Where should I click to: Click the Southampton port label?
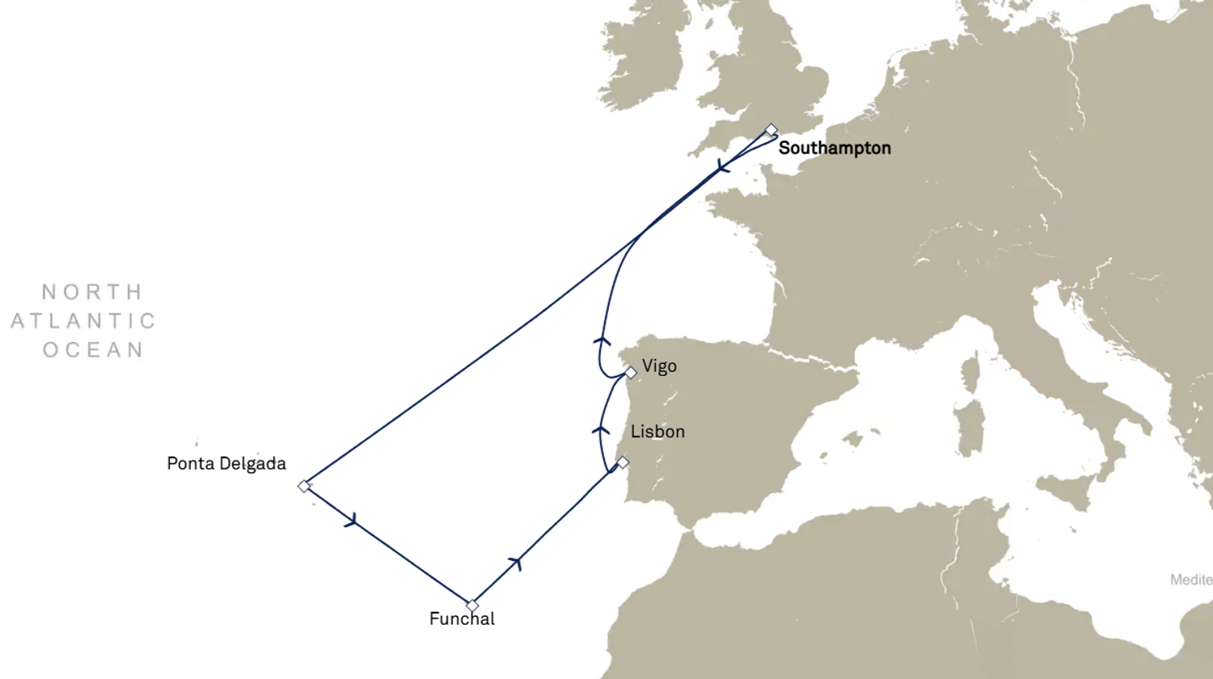[x=835, y=148]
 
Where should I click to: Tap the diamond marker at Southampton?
[x=771, y=130]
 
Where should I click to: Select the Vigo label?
[x=659, y=366]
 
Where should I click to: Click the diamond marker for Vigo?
[x=631, y=373]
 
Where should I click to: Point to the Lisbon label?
[x=657, y=432]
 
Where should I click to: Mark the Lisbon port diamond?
[x=623, y=462]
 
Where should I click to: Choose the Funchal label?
[x=462, y=619]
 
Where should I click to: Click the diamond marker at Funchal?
[x=472, y=605]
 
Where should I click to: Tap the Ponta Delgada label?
[x=226, y=464]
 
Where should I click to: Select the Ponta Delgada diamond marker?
[x=304, y=486]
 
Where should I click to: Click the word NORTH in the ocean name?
[x=92, y=292]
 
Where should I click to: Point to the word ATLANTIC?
[x=83, y=321]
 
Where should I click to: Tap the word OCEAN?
[x=93, y=350]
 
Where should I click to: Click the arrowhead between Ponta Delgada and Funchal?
[x=351, y=521]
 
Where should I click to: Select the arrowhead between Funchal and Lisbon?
[x=515, y=563]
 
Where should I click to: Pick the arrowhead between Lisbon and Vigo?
[x=601, y=430]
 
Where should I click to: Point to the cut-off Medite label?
[x=1191, y=580]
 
